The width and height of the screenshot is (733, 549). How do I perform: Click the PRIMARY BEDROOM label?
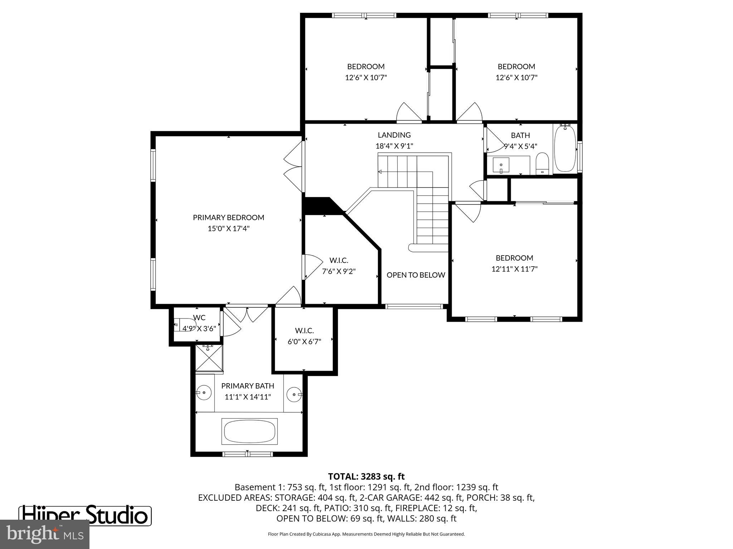pos(228,217)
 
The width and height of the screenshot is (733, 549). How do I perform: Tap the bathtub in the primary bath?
pos(249,431)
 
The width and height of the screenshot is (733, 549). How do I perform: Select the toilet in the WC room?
pos(184,325)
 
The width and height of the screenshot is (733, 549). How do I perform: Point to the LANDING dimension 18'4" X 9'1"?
pos(394,146)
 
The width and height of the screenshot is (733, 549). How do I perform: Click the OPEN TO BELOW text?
pos(416,275)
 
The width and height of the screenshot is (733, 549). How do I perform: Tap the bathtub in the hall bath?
pos(565,149)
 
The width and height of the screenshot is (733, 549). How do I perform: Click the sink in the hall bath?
pos(501,165)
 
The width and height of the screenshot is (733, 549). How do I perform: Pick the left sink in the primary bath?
pos(204,393)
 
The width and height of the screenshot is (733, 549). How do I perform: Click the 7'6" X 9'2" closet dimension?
pos(339,271)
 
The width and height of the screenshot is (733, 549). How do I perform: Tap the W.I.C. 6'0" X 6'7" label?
pos(304,336)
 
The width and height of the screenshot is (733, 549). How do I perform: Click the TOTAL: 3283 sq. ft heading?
pos(366,476)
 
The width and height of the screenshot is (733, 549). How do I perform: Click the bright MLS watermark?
pos(45,534)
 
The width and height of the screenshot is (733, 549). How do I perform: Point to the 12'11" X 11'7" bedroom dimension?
pos(514,269)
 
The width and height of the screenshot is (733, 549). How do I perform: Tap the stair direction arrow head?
pos(380,172)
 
